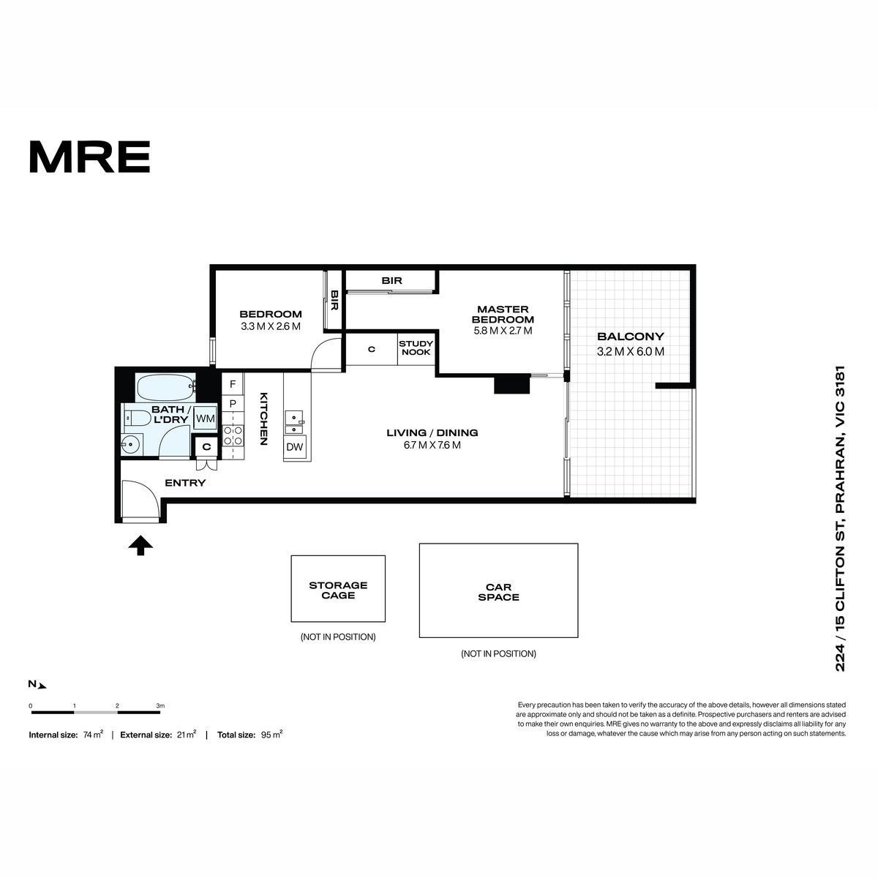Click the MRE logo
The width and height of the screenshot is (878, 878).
(x=90, y=157)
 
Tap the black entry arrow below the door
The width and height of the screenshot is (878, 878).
(x=140, y=545)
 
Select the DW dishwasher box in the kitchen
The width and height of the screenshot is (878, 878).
(x=294, y=447)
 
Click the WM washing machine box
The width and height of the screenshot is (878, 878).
(x=206, y=419)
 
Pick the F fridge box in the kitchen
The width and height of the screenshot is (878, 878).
(x=233, y=384)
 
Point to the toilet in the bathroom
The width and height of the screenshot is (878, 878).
(x=138, y=417)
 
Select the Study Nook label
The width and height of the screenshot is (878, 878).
(x=416, y=348)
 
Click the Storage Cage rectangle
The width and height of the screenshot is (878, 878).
(x=338, y=589)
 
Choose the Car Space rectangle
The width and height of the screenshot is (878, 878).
(x=498, y=590)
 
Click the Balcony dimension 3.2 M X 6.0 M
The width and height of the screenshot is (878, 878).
(x=630, y=352)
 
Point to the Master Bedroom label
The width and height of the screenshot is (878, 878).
(x=503, y=315)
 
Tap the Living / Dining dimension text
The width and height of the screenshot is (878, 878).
(x=432, y=445)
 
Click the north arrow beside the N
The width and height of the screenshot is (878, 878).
(x=42, y=686)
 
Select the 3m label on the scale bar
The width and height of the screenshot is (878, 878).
(x=160, y=706)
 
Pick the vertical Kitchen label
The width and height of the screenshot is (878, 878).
(x=263, y=419)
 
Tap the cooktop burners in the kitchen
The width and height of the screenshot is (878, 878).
(x=233, y=435)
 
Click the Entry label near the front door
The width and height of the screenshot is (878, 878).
(x=185, y=483)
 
